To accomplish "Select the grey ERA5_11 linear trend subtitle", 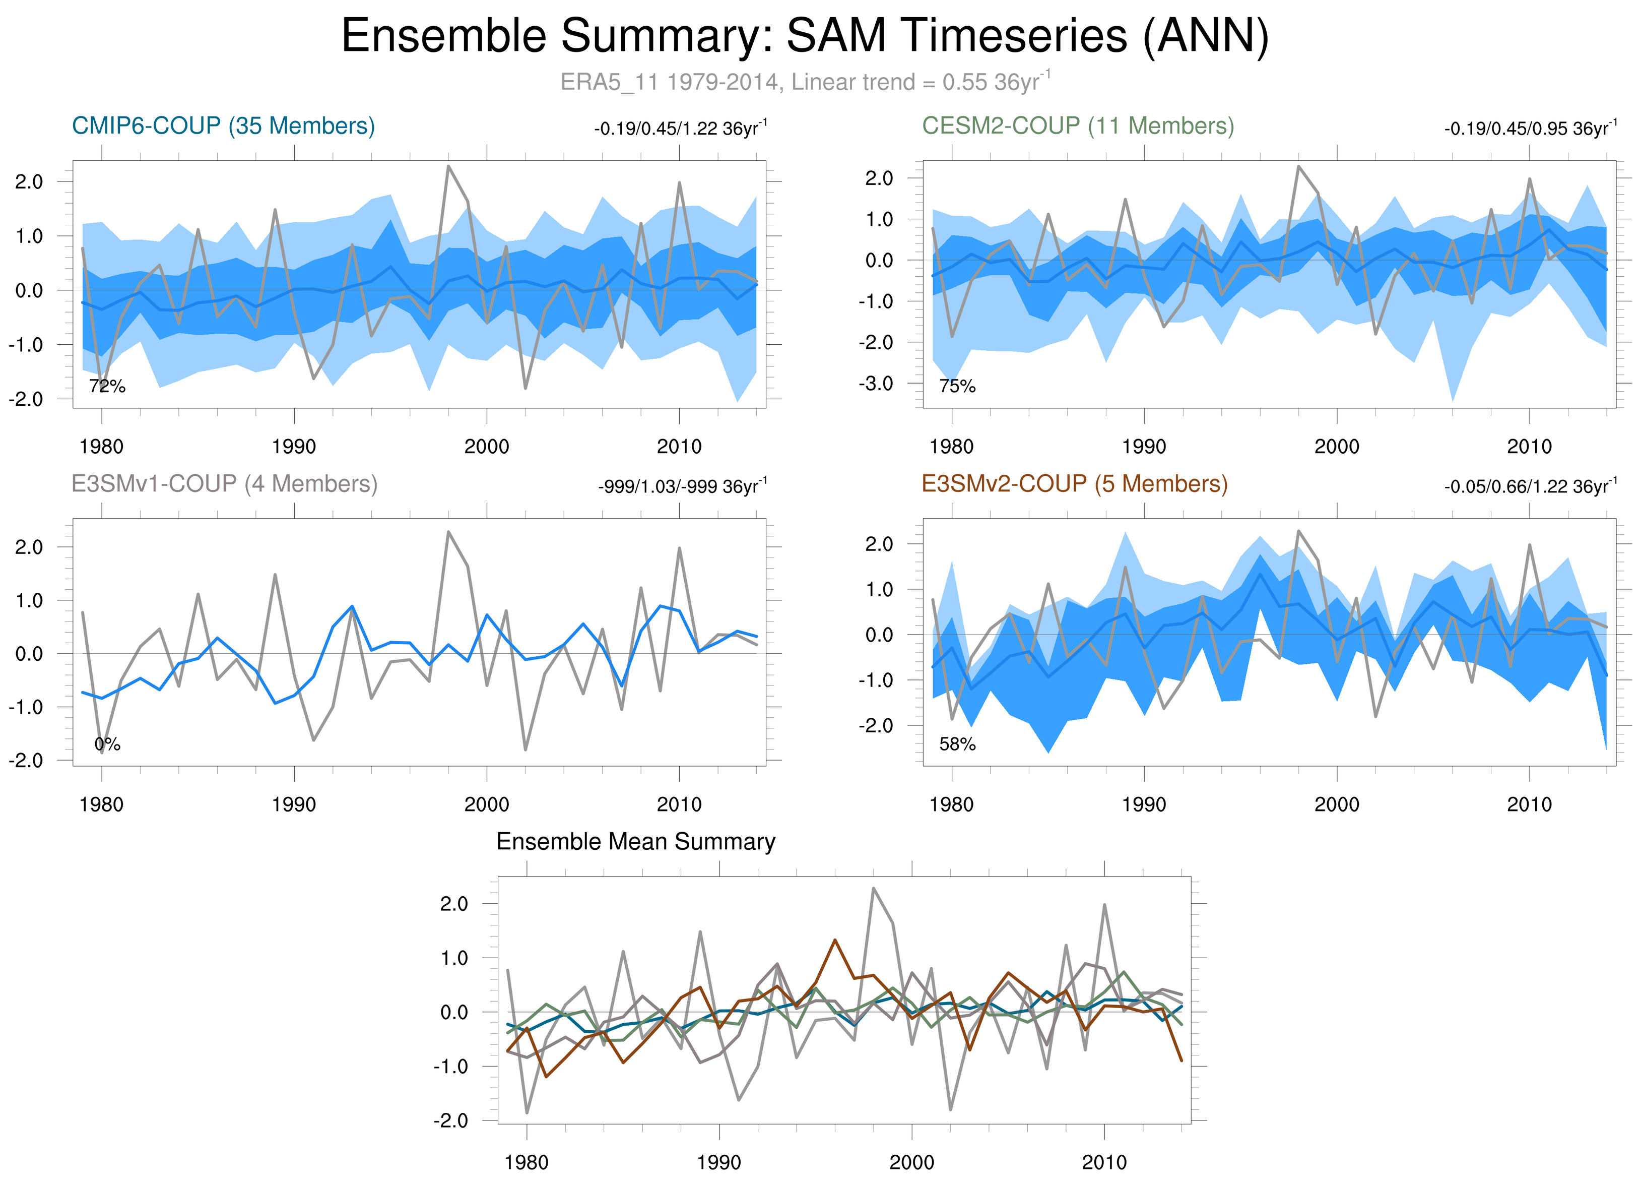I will pyautogui.click(x=805, y=82).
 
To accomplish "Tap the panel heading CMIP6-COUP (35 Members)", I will pyautogui.click(x=223, y=126).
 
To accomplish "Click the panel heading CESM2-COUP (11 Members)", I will pyautogui.click(x=1077, y=126).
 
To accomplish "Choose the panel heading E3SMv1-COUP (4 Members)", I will pyautogui.click(x=224, y=483).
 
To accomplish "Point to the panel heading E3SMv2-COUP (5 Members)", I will pyautogui.click(x=1075, y=483).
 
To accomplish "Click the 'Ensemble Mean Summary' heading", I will pyautogui.click(x=635, y=842).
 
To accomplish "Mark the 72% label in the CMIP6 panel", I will pyautogui.click(x=107, y=387).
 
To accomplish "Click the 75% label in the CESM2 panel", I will pyautogui.click(x=957, y=387).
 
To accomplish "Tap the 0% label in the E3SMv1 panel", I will pyautogui.click(x=107, y=744).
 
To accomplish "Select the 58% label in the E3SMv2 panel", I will pyautogui.click(x=957, y=744).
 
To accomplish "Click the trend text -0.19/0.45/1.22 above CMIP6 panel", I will pyautogui.click(x=680, y=129).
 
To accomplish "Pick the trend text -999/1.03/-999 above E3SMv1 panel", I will pyautogui.click(x=682, y=486).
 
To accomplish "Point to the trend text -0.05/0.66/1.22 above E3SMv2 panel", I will pyautogui.click(x=1530, y=486).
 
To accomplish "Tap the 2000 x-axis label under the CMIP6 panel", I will pyautogui.click(x=486, y=447).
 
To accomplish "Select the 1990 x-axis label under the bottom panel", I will pyautogui.click(x=718, y=1163).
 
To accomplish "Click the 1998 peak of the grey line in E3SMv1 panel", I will pyautogui.click(x=448, y=532).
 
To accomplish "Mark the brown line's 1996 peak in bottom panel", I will pyautogui.click(x=835, y=940).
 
